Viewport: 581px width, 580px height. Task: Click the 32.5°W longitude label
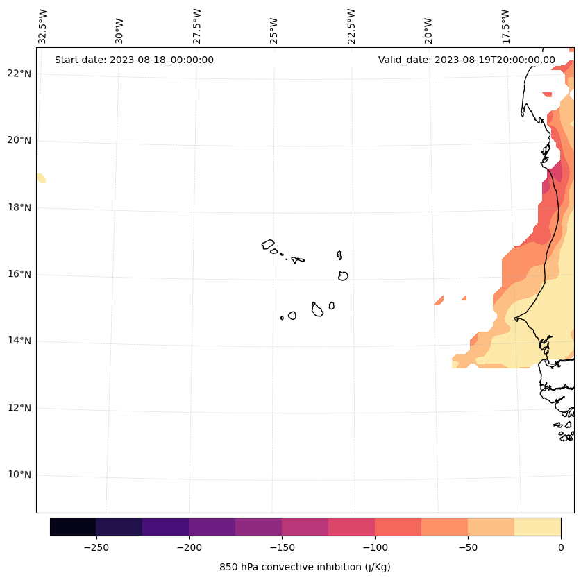tap(43, 26)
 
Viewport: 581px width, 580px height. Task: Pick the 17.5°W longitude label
tap(505, 26)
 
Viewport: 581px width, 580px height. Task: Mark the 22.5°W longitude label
tap(351, 26)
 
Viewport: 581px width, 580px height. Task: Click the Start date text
tap(134, 60)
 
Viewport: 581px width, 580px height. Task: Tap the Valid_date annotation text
tap(466, 60)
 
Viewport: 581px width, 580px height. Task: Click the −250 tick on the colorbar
tap(96, 547)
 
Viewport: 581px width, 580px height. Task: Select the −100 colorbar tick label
tap(375, 547)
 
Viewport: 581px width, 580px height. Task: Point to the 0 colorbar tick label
tap(560, 547)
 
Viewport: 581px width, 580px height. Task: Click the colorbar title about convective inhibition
tap(305, 567)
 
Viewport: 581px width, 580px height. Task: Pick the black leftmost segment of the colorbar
tap(73, 527)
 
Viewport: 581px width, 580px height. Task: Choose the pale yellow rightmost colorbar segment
tap(537, 527)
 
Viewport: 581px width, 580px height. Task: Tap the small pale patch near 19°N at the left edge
tap(41, 178)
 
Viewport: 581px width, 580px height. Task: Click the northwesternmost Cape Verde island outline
tap(268, 244)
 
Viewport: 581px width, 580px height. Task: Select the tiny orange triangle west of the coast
tap(439, 300)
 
